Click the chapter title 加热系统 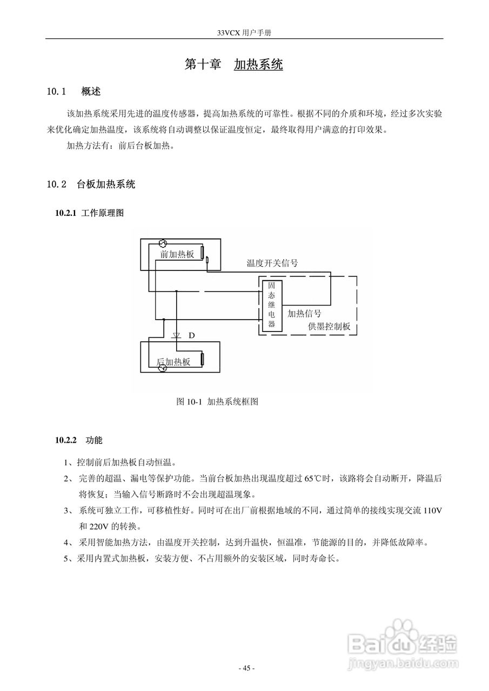[x=258, y=65]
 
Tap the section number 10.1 [x=56, y=91]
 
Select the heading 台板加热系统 [x=106, y=185]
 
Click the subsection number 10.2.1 [x=66, y=213]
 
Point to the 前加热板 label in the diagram [x=177, y=254]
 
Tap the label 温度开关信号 [x=272, y=263]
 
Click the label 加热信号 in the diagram [x=304, y=313]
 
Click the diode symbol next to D [x=176, y=336]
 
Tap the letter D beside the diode [x=191, y=336]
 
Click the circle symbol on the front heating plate [x=163, y=243]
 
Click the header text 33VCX [x=229, y=33]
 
